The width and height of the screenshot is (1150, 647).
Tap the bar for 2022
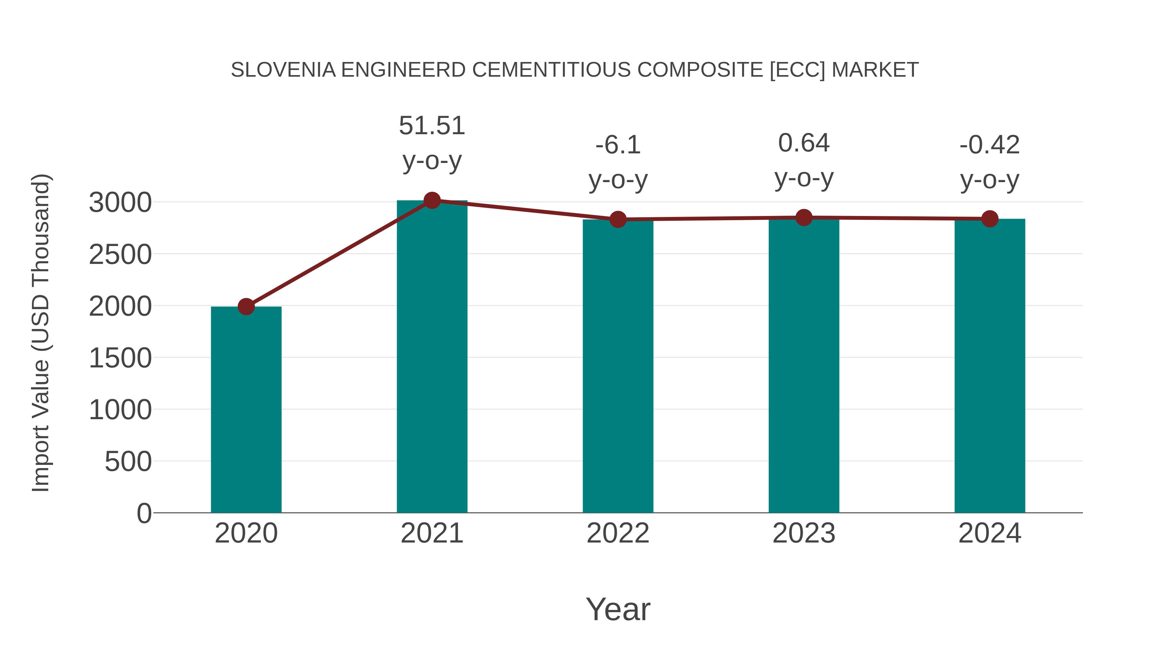click(617, 366)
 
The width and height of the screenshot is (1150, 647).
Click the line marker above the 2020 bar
click(246, 307)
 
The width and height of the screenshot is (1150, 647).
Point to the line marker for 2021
click(432, 200)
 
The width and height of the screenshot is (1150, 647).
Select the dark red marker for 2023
click(804, 218)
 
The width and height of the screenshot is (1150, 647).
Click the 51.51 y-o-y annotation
click(432, 143)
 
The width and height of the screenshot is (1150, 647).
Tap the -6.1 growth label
click(618, 162)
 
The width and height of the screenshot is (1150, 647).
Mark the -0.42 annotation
click(989, 162)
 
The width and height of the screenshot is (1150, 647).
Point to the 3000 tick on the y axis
click(120, 203)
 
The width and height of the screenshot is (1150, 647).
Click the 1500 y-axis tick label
click(120, 358)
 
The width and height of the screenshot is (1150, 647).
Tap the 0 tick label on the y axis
click(144, 513)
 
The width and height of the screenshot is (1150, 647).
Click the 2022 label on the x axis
click(617, 533)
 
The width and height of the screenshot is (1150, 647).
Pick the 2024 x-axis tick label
click(989, 533)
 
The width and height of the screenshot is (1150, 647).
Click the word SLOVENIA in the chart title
click(283, 70)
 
